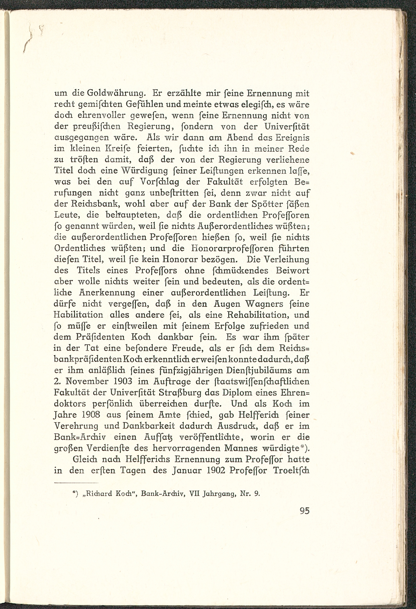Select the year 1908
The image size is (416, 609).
point(90,415)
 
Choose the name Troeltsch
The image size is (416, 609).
point(291,471)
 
